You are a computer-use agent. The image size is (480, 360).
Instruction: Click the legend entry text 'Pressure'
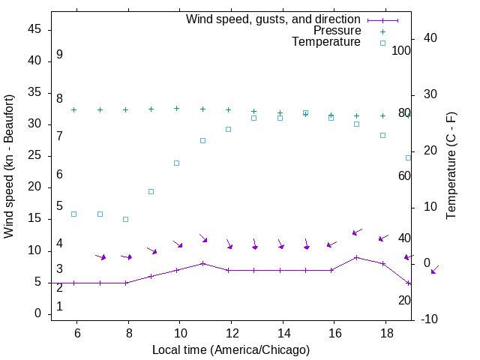click(336, 31)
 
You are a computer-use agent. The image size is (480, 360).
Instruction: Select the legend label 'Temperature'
click(326, 42)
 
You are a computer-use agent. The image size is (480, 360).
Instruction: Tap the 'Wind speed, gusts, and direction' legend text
click(273, 19)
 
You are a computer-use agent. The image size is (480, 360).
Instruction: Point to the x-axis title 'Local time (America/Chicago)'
click(231, 349)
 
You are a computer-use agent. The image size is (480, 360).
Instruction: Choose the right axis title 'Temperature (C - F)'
click(451, 166)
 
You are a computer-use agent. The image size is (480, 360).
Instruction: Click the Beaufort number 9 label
click(59, 55)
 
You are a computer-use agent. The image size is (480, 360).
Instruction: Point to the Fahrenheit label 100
click(402, 51)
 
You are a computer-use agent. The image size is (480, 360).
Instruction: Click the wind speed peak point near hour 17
click(357, 257)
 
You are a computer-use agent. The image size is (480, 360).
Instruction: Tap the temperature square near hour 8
click(126, 219)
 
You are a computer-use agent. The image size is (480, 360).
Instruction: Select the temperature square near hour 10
click(177, 163)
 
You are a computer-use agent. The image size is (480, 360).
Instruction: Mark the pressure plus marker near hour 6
click(74, 109)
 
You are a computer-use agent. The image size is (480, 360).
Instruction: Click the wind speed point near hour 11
click(202, 263)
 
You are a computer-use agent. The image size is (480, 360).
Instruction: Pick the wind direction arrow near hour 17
click(358, 232)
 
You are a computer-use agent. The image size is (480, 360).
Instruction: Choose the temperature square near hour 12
click(229, 129)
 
